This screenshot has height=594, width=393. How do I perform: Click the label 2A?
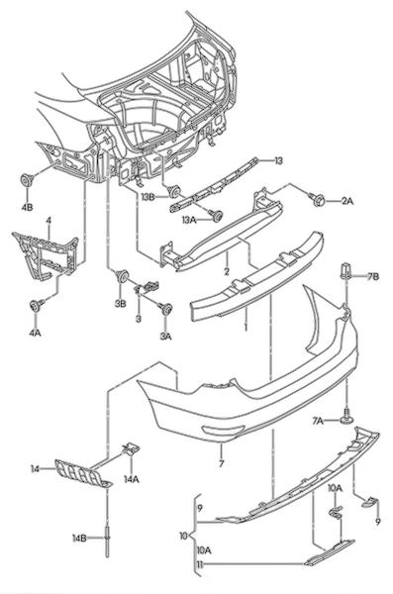pyautogui.click(x=346, y=201)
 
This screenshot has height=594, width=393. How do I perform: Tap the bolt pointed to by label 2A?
pyautogui.click(x=318, y=199)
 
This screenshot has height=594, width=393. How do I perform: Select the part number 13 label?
pyautogui.click(x=278, y=161)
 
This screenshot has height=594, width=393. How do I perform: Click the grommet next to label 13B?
pyautogui.click(x=174, y=191)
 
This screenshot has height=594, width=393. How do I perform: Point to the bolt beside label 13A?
pyautogui.click(x=217, y=216)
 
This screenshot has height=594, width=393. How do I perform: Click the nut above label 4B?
pyautogui.click(x=27, y=181)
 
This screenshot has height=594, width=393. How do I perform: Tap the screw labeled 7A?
pyautogui.click(x=347, y=417)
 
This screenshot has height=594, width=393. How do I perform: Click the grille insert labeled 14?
pyautogui.click(x=82, y=473)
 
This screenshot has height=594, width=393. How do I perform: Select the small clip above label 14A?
pyautogui.click(x=131, y=448)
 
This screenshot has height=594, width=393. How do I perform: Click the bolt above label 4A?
pyautogui.click(x=36, y=305)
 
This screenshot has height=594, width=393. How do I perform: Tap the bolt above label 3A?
pyautogui.click(x=165, y=308)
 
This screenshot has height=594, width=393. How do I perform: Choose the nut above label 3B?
pyautogui.click(x=122, y=276)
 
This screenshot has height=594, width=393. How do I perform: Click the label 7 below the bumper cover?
pyautogui.click(x=222, y=463)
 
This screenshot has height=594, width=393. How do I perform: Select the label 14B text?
pyautogui.click(x=80, y=538)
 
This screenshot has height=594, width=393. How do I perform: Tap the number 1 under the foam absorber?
pyautogui.click(x=246, y=327)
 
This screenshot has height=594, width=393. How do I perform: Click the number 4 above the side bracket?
pyautogui.click(x=49, y=220)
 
